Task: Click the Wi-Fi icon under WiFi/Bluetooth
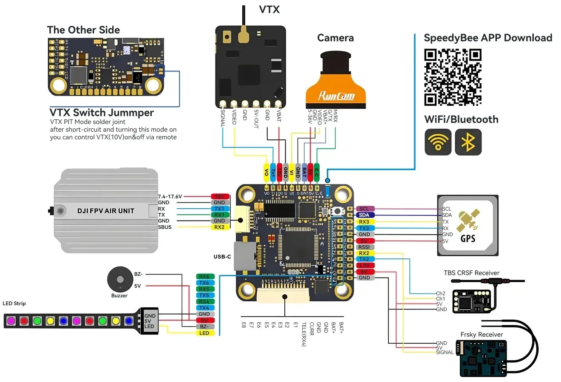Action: [438, 142]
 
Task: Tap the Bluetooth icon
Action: [468, 142]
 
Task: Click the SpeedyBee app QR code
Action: [453, 77]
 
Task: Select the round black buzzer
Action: [119, 279]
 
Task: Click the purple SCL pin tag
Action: [364, 209]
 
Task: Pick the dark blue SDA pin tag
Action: [364, 215]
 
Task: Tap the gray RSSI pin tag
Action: [364, 247]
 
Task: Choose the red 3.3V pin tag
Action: [364, 266]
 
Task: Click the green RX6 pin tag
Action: [204, 277]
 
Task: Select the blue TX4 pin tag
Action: [204, 308]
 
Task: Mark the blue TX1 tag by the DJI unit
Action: [219, 209]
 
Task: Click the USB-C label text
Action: [222, 257]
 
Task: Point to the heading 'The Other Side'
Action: [83, 30]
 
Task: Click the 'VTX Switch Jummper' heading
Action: [102, 113]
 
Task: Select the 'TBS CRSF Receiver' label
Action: [471, 273]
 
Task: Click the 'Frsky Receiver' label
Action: [482, 334]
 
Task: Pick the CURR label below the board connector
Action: [312, 328]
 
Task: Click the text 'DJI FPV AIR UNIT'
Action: [105, 211]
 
